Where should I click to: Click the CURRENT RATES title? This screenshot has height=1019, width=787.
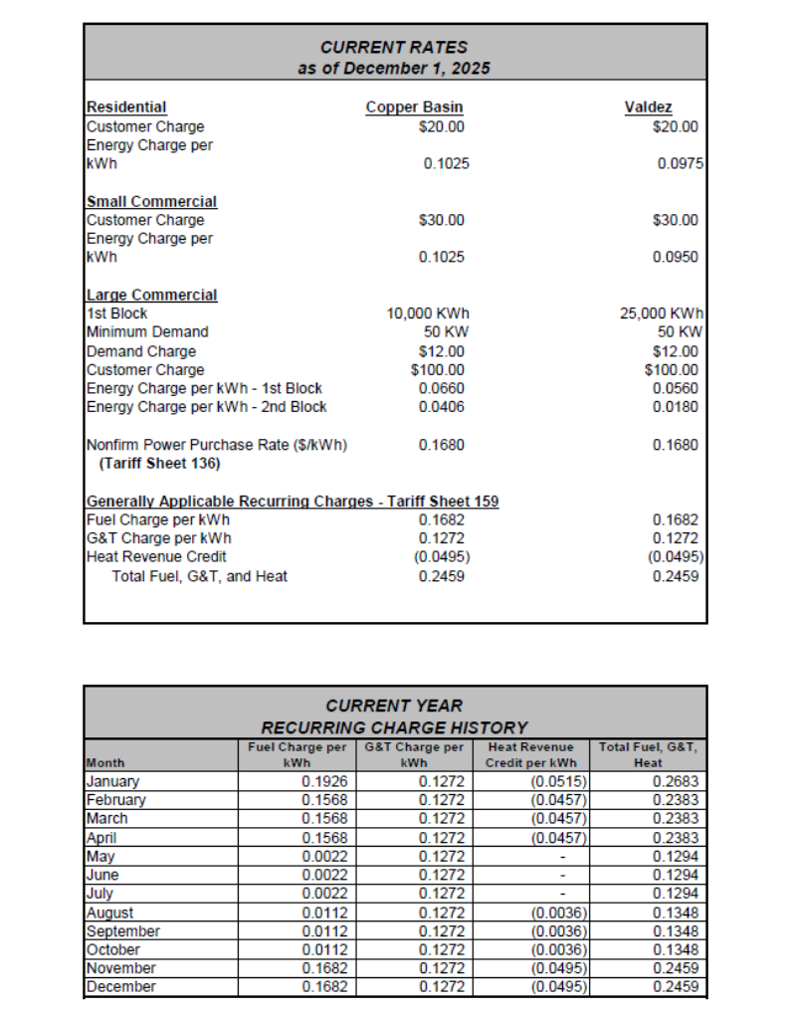click(x=394, y=47)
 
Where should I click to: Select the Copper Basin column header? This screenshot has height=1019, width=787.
click(x=414, y=107)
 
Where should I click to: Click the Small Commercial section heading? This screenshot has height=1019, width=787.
click(x=151, y=202)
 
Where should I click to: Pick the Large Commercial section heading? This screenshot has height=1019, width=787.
click(x=151, y=296)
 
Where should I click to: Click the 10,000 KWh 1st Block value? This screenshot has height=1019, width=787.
click(x=426, y=313)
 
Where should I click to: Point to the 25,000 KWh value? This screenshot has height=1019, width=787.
click(x=662, y=313)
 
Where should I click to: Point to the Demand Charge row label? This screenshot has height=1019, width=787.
click(x=141, y=351)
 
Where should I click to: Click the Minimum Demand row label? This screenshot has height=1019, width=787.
click(x=147, y=332)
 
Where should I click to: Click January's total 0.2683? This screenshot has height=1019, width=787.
click(x=676, y=782)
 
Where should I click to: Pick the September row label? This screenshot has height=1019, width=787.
click(x=123, y=931)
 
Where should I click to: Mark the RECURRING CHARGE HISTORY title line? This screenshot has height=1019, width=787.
click(x=394, y=728)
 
